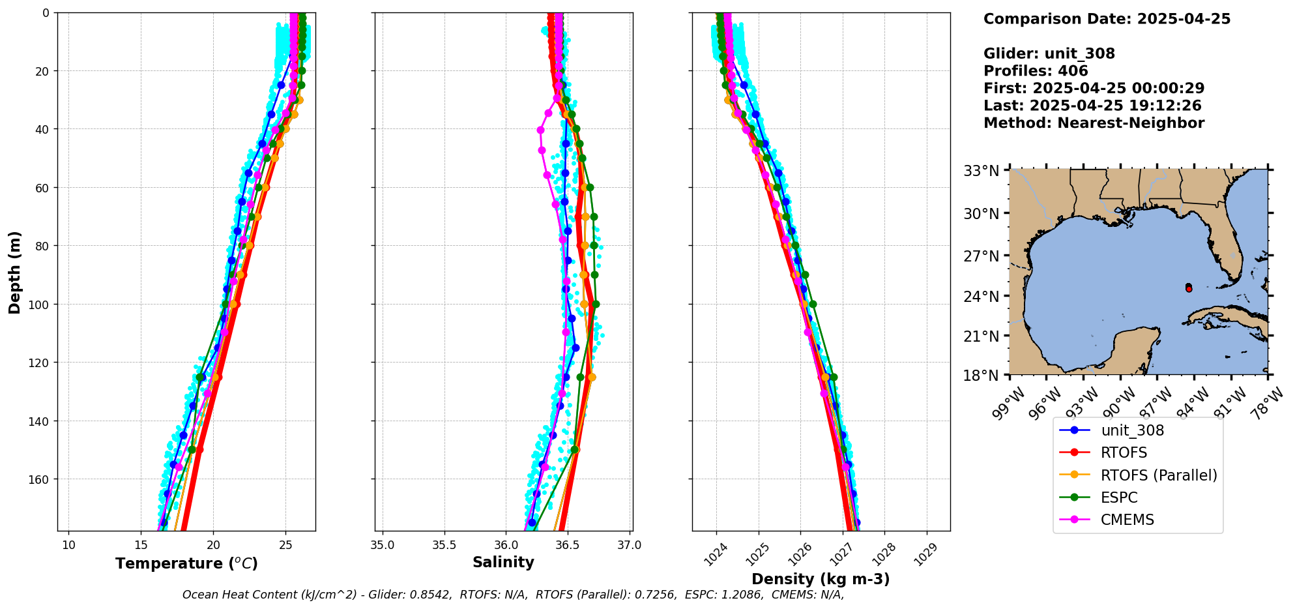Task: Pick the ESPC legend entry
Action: tap(1118, 498)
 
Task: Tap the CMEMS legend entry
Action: tap(1127, 520)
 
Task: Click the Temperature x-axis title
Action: tap(186, 563)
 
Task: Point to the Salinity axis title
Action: tap(503, 562)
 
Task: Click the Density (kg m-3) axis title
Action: tap(821, 579)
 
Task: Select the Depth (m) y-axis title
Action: tap(15, 272)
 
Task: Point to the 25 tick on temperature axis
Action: tap(285, 545)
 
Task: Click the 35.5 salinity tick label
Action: tap(444, 545)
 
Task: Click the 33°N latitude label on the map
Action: tap(982, 171)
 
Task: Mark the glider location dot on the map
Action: tap(1189, 288)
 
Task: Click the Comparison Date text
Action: tap(1107, 19)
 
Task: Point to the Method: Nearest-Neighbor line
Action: tap(1094, 123)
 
